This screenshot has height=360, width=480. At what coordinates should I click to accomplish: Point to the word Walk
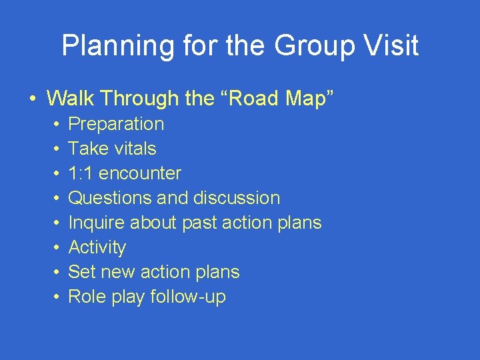[69, 99]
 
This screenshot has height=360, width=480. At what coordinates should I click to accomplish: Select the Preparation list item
[116, 124]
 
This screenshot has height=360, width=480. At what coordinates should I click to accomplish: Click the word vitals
[135, 149]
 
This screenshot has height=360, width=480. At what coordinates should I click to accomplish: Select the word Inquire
[93, 223]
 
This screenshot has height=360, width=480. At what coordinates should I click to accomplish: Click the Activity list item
[97, 247]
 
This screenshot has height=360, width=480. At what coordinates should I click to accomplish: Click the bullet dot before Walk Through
[33, 99]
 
